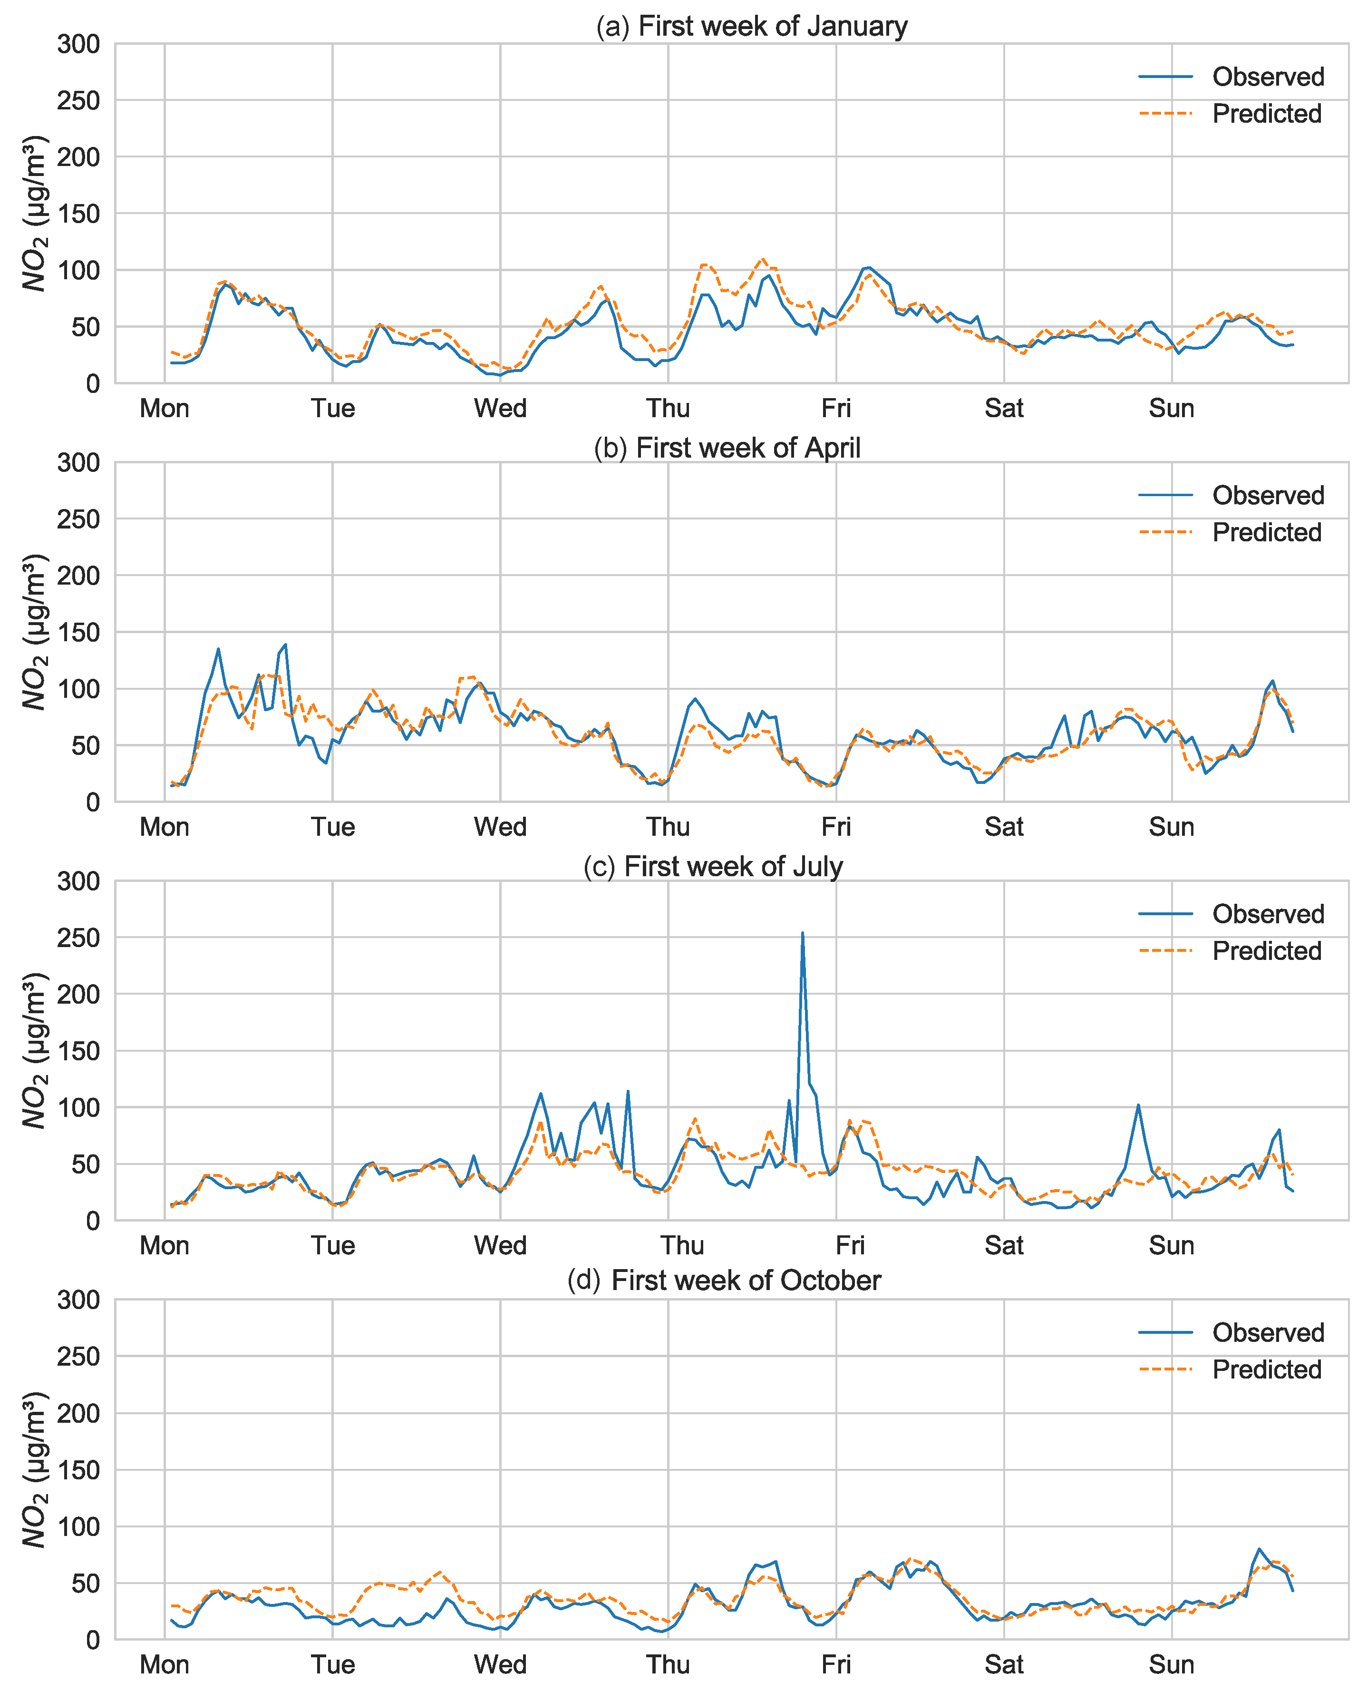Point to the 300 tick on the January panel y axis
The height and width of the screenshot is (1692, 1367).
(x=79, y=44)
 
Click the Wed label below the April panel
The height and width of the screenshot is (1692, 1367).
(x=500, y=827)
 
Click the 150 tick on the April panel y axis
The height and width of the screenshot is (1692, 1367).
(x=79, y=633)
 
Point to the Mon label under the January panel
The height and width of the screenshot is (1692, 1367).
(x=165, y=408)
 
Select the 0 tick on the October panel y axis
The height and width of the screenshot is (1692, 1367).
(x=93, y=1640)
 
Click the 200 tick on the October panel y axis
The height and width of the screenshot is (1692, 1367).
(x=79, y=1413)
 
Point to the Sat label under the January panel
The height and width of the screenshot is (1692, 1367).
(x=1004, y=408)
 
